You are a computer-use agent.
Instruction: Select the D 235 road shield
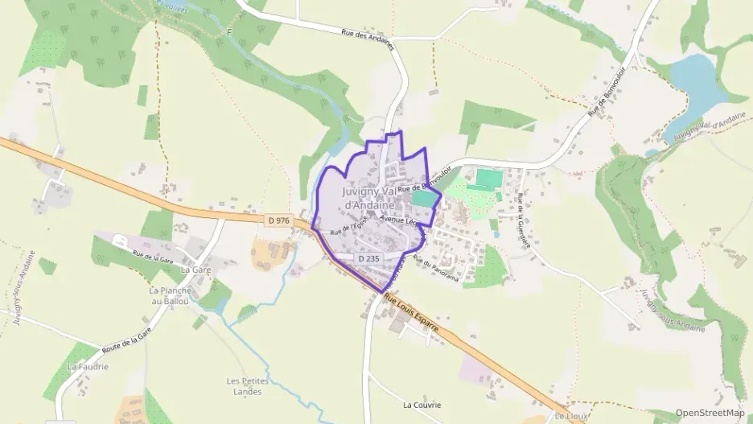coord(368,258)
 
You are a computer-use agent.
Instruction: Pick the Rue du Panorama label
coord(435,270)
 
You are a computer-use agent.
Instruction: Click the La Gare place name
coord(195,270)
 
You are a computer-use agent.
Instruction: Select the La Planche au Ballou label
coord(169,295)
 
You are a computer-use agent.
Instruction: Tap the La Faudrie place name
coord(88,367)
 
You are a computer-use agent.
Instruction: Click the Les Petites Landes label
coord(245,386)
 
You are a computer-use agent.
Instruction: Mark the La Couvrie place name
coord(422,405)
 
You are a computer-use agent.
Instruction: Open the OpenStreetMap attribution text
coord(710,413)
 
